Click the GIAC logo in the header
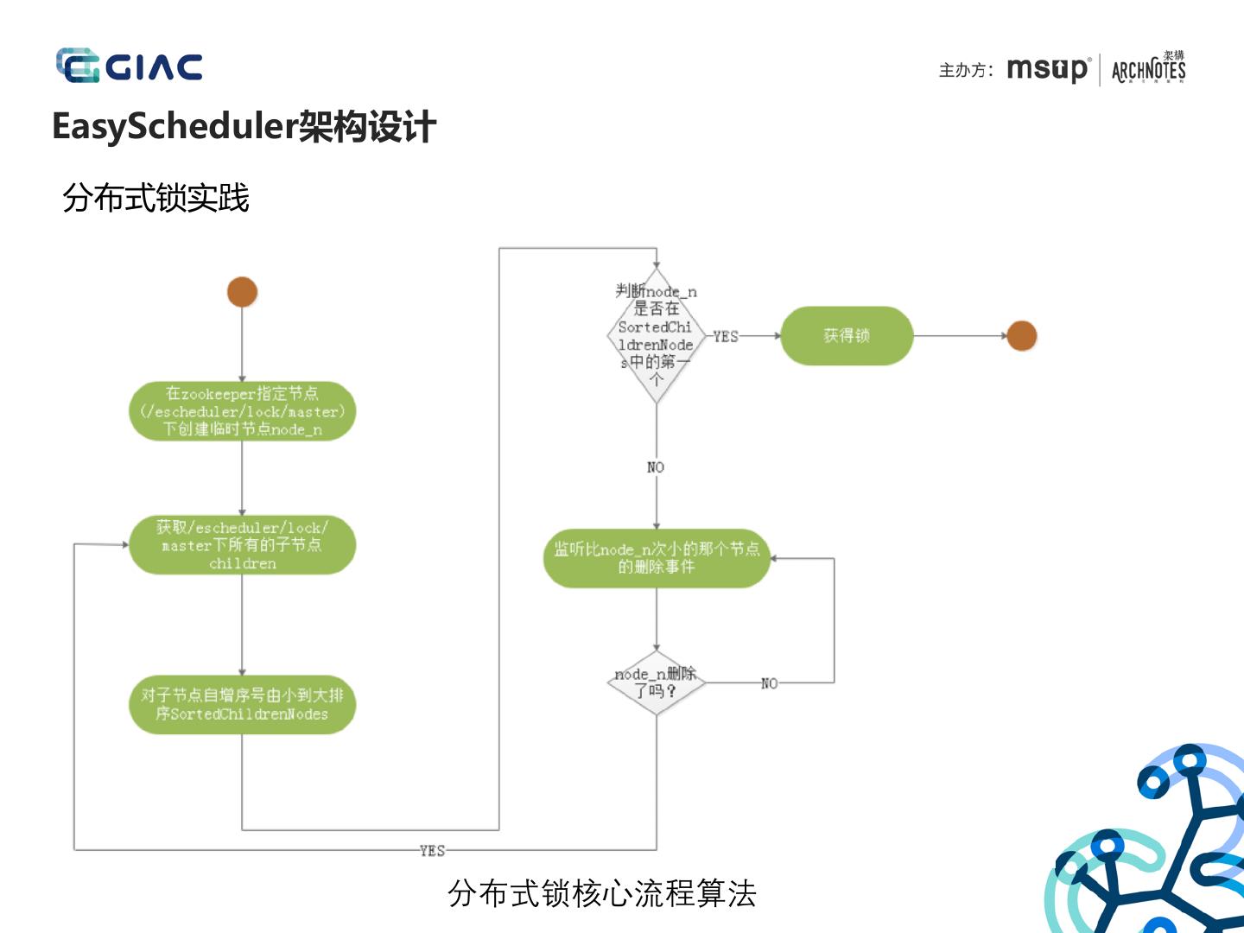[x=130, y=67]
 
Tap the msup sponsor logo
[x=1048, y=69]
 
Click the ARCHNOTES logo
[x=1148, y=68]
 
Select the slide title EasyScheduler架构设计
[x=244, y=127]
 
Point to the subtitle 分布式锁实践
[x=155, y=198]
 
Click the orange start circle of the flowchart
[x=242, y=292]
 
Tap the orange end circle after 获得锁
[x=1021, y=336]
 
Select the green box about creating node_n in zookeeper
[x=242, y=411]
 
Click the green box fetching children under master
[x=242, y=545]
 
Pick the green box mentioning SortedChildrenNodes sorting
[x=242, y=704]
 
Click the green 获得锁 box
[x=847, y=336]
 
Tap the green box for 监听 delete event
[x=657, y=558]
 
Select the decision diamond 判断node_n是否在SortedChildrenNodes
[x=657, y=335]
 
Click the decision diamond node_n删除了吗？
[x=657, y=682]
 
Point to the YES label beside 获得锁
[x=726, y=336]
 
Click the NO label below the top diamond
[x=656, y=467]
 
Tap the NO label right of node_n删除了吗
[x=769, y=683]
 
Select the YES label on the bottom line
[x=432, y=851]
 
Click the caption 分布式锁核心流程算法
[x=602, y=893]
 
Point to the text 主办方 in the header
[x=966, y=70]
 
